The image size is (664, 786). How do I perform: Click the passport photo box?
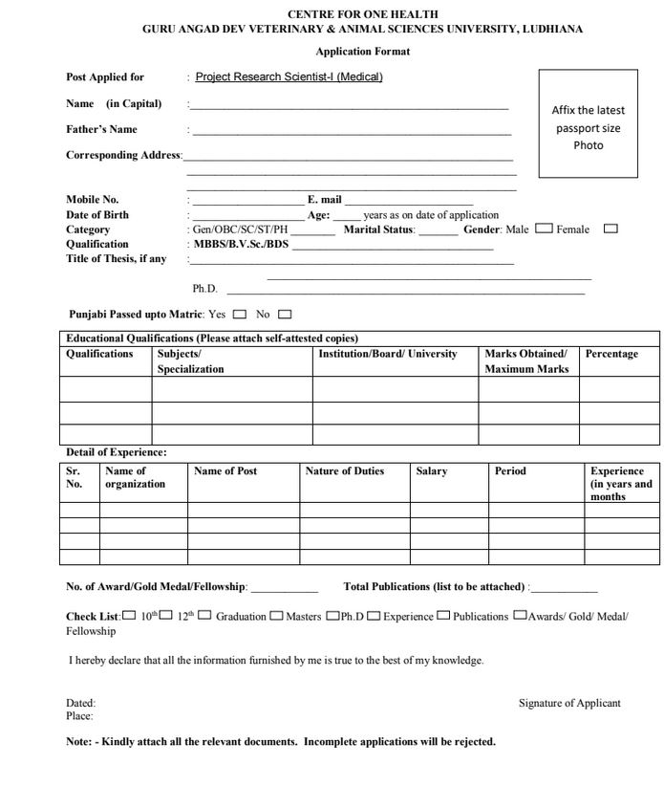588,124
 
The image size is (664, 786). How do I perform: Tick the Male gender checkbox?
544,229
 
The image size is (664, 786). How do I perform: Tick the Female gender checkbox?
611,229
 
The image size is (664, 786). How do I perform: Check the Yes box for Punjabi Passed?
239,315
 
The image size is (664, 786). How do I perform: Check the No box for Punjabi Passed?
284,315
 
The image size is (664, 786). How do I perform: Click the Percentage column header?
611,355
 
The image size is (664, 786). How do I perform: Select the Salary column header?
432,471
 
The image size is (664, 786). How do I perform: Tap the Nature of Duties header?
344,471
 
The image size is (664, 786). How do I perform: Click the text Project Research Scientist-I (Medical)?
289,77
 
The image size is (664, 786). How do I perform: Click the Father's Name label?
101,129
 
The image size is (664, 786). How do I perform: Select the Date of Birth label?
97,215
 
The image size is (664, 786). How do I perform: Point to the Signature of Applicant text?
569,704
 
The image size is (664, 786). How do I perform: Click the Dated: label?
80,704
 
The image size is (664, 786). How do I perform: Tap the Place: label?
79,716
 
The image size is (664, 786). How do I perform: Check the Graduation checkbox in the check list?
205,616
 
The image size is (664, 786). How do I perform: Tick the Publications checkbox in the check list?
444,616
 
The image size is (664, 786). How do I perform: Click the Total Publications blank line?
565,587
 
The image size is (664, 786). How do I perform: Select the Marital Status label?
379,229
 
